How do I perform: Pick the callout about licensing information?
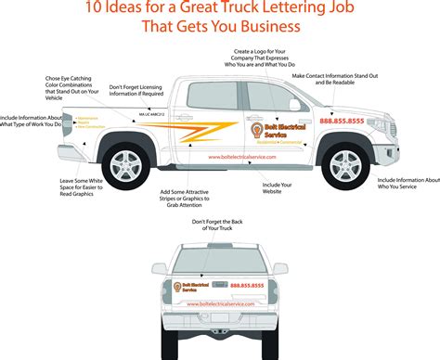(136, 91)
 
